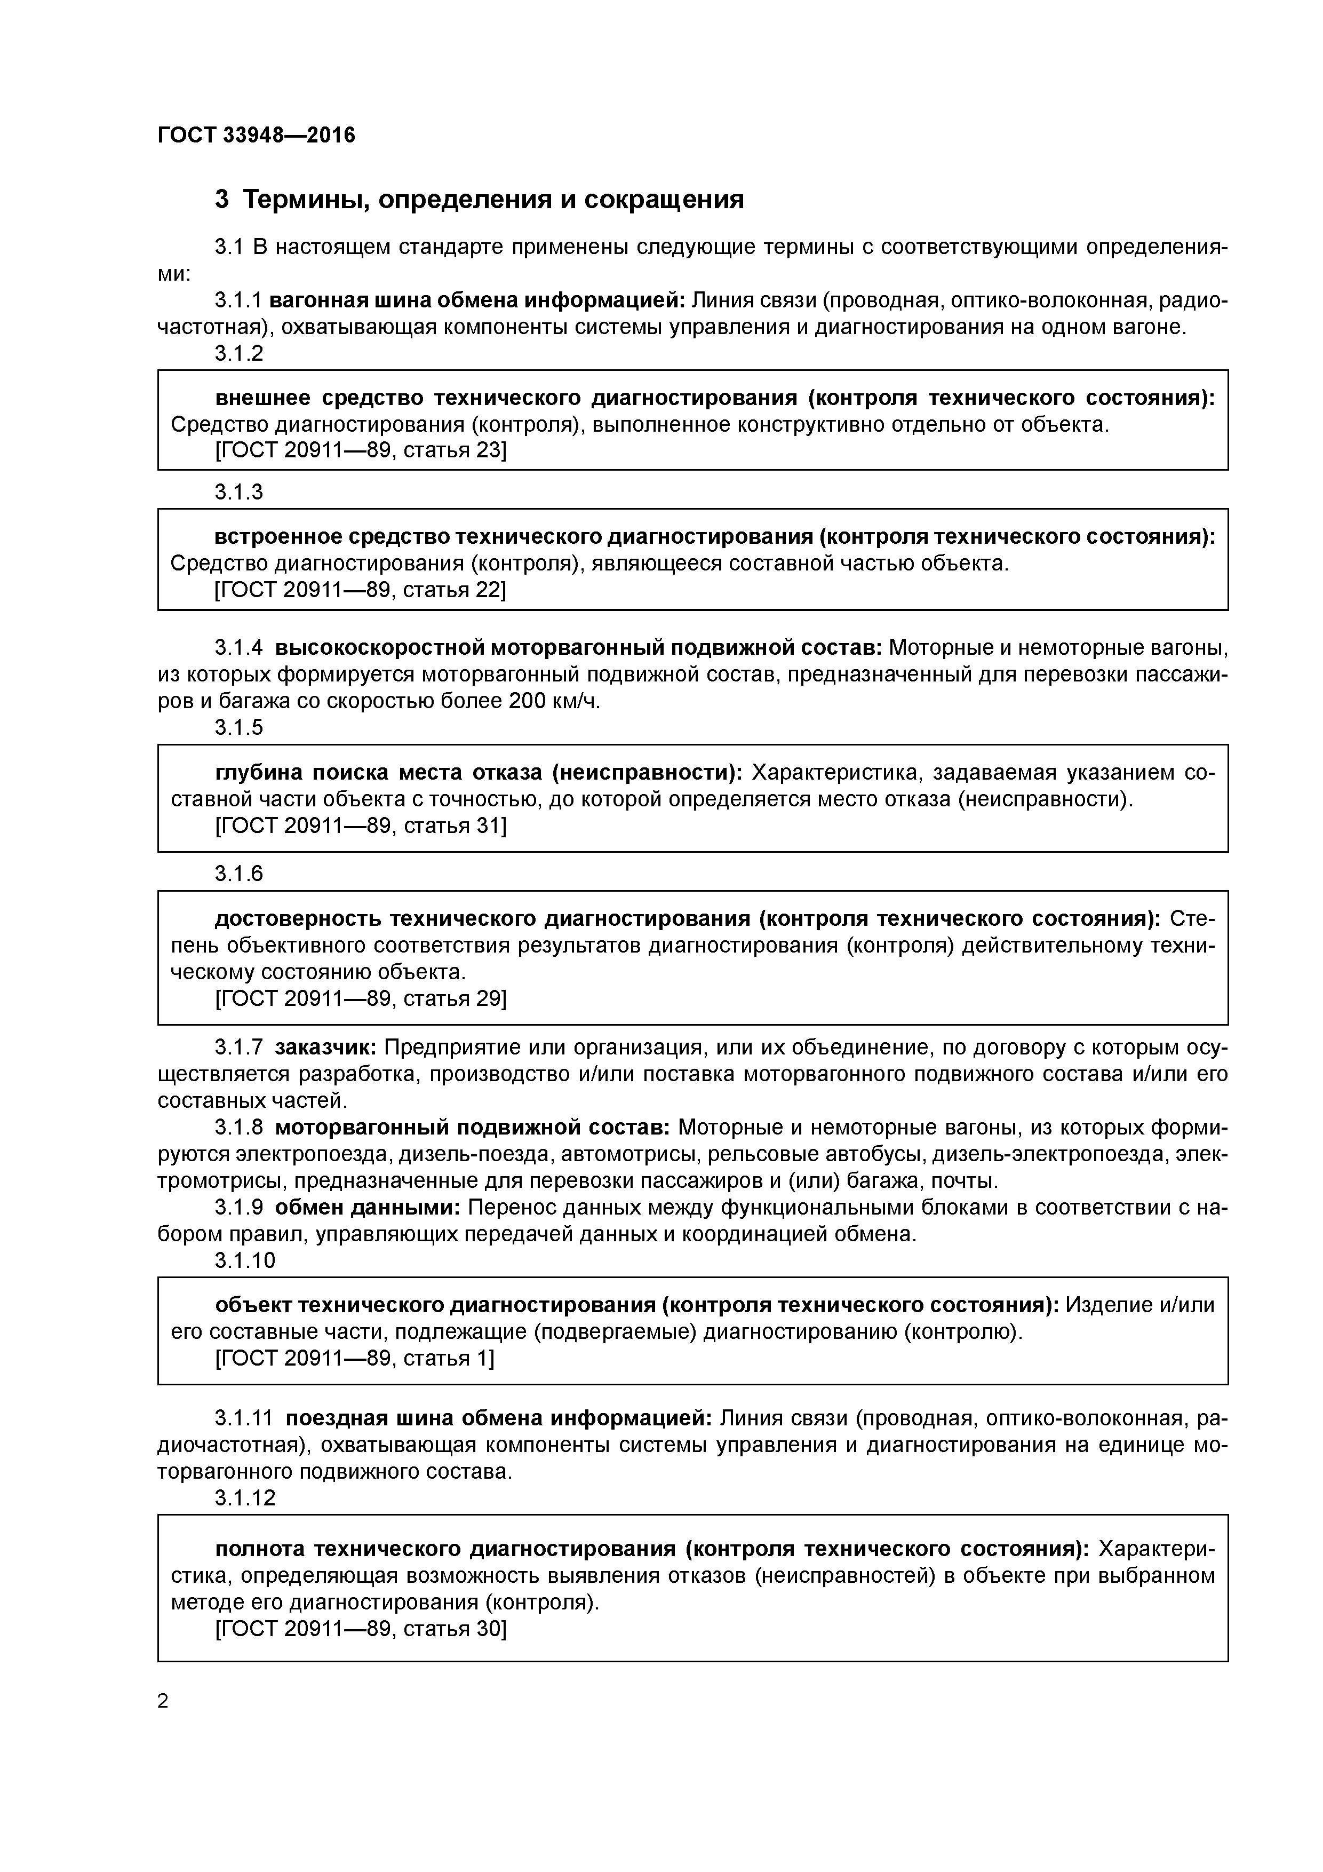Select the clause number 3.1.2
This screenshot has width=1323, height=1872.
pos(239,353)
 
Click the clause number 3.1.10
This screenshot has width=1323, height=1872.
pos(244,1260)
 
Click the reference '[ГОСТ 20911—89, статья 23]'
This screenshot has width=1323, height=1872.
pos(360,451)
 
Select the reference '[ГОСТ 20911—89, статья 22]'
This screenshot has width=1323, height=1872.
pos(360,590)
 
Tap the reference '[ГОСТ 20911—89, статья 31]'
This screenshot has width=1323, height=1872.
pos(360,826)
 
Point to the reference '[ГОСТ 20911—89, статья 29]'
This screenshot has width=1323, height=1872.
pos(360,999)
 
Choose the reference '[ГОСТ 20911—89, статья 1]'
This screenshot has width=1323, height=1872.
pos(354,1358)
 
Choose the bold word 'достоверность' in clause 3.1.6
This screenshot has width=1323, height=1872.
pos(298,919)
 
